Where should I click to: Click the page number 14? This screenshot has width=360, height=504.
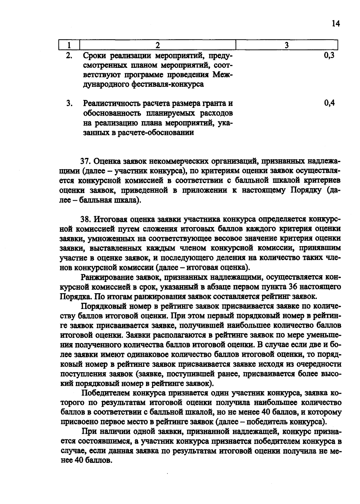pos(336,24)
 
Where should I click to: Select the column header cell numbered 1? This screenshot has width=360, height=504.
pos(69,45)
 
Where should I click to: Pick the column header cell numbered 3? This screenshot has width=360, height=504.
pos(286,45)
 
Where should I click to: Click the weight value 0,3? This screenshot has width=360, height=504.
pos(329,55)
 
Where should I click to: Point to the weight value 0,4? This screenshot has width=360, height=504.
pos(329,103)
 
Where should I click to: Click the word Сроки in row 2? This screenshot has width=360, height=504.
pos(95,56)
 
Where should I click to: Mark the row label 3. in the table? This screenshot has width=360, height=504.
pos(70,104)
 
